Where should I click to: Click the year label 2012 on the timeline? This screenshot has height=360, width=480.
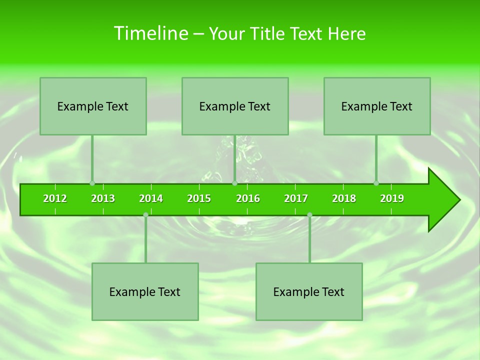tap(55, 198)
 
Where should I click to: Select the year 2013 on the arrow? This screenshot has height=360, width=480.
tap(103, 198)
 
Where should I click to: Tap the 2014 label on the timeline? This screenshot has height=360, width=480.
tap(151, 198)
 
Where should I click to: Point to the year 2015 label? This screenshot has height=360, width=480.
tap(199, 198)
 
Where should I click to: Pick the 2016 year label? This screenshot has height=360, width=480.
tap(248, 198)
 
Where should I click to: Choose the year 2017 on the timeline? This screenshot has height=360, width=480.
tap(296, 198)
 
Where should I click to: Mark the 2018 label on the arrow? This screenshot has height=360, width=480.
tap(344, 198)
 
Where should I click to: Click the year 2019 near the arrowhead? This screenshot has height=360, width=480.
tap(392, 198)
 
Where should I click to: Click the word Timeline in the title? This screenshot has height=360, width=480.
tap(150, 33)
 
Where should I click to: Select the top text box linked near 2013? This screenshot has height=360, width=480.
tap(93, 106)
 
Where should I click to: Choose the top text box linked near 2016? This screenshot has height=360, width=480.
tap(235, 106)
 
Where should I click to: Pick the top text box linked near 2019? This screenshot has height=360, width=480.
tap(377, 106)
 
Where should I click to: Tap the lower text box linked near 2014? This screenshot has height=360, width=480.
tap(145, 291)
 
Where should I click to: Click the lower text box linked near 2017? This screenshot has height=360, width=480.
tap(309, 291)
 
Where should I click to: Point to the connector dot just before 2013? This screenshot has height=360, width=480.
tap(92, 183)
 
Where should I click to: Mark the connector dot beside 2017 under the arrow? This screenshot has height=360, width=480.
tap(309, 215)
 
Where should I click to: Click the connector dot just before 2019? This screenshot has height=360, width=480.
tap(376, 183)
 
